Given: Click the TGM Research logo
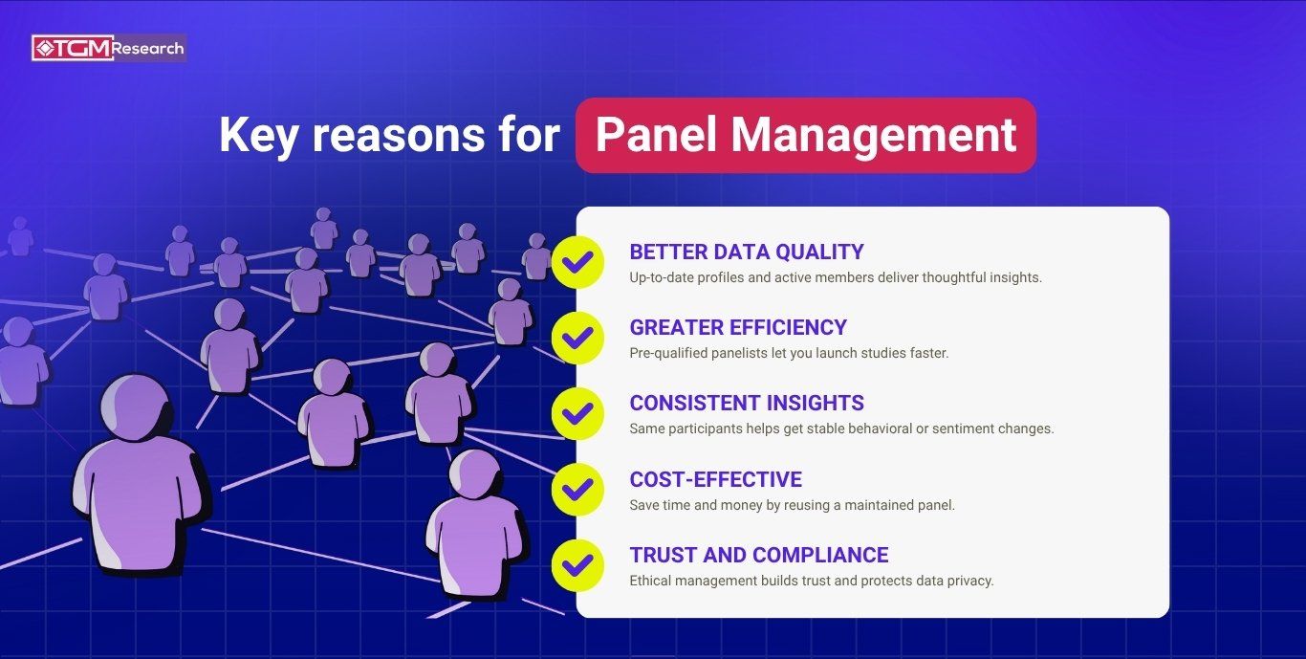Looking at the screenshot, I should click(108, 48).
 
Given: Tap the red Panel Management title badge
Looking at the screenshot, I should click(805, 135).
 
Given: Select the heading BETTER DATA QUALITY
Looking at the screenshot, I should click(746, 253).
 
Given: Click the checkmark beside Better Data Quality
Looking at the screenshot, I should click(577, 262).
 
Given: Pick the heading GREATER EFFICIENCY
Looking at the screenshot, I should click(738, 328).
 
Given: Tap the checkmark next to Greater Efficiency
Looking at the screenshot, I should click(577, 338).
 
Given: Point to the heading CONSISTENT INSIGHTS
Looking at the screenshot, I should click(746, 404).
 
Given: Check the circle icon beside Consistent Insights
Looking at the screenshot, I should click(577, 413).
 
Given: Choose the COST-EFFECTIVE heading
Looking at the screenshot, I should click(715, 479).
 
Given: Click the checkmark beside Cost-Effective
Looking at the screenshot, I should click(577, 490).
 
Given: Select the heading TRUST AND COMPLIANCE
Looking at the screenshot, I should click(758, 555).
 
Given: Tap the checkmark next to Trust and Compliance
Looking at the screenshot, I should click(577, 565).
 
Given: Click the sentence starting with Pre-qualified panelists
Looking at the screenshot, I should click(789, 353).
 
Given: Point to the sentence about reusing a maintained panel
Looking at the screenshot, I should click(792, 505).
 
